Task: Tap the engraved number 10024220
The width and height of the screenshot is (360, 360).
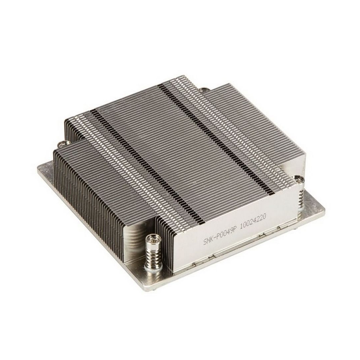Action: click(x=253, y=222)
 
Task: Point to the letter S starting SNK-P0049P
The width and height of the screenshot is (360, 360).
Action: click(x=205, y=242)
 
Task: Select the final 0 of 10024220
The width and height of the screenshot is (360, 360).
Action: click(x=264, y=218)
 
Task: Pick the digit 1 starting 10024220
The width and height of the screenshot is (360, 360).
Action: click(x=241, y=227)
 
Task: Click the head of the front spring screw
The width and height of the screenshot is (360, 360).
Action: click(x=152, y=239)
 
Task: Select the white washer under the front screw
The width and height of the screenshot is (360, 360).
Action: click(x=153, y=267)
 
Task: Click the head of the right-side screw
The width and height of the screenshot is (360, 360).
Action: click(x=299, y=178)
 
